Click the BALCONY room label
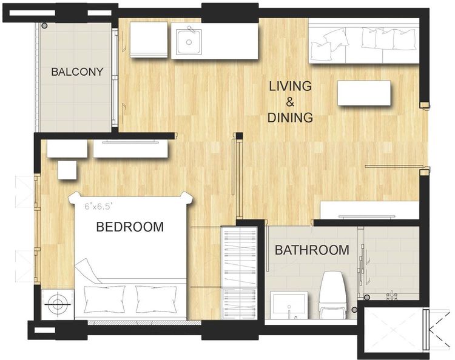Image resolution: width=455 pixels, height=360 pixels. click(x=77, y=72)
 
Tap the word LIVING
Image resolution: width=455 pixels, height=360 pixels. click(x=290, y=87)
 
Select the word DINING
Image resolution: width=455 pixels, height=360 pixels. click(x=290, y=118)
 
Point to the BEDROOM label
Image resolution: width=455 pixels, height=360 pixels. click(x=130, y=227)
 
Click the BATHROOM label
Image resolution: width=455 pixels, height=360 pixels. click(x=312, y=250)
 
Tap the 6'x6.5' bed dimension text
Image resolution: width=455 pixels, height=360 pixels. click(x=98, y=207)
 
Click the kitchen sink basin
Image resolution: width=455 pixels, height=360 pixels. click(x=189, y=42)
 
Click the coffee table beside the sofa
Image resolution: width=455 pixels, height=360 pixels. click(x=364, y=93)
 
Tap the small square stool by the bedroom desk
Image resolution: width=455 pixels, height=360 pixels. click(x=67, y=170)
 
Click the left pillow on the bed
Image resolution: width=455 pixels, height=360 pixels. click(x=104, y=299)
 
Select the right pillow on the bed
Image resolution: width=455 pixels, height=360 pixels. click(x=157, y=299)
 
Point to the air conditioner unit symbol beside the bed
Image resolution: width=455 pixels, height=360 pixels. click(x=58, y=304)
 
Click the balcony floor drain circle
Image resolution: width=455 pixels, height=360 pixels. click(x=44, y=26)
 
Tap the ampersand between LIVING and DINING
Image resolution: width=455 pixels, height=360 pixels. click(x=290, y=102)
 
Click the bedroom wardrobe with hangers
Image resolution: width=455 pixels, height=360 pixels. click(x=239, y=273)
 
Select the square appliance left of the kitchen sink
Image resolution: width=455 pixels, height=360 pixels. click(x=149, y=39)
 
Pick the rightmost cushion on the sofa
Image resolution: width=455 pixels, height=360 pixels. click(x=403, y=39)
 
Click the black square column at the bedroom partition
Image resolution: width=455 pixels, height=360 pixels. click(x=239, y=136)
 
